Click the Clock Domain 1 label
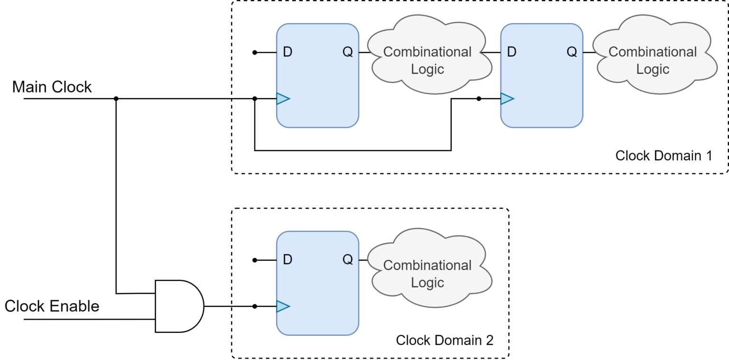[664, 156]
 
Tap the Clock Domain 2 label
[444, 340]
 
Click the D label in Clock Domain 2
[287, 259]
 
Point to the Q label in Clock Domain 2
[348, 259]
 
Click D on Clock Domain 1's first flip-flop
[287, 52]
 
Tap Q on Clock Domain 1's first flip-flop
[348, 52]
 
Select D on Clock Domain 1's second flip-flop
[511, 52]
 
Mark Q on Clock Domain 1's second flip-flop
[572, 52]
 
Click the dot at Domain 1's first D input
[255, 52]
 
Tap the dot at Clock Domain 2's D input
[255, 260]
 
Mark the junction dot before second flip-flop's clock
[479, 99]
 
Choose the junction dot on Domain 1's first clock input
[255, 99]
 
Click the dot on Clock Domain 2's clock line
[255, 306]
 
